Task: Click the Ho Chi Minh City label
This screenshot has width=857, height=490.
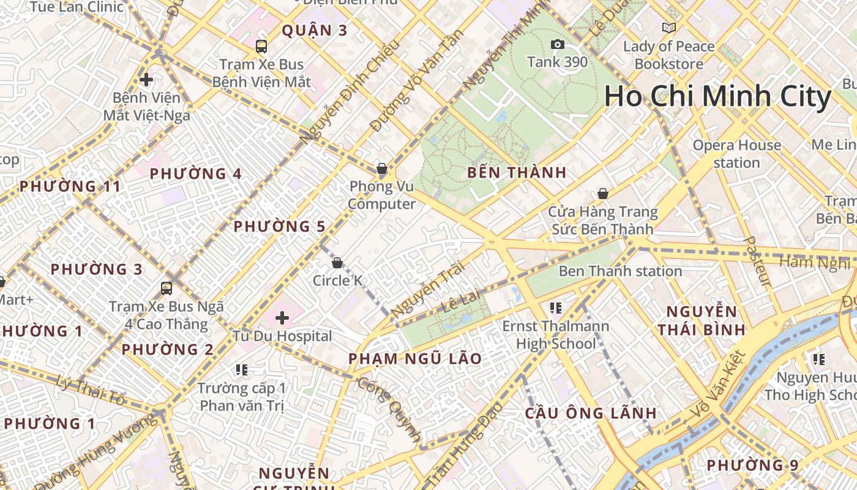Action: [x=717, y=97]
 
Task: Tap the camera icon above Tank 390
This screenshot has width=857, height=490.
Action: [x=557, y=44]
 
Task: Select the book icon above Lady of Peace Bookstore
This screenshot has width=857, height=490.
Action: [x=669, y=28]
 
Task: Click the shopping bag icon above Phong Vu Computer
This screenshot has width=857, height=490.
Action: [x=382, y=168]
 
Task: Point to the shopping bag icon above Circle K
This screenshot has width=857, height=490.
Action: [x=337, y=263]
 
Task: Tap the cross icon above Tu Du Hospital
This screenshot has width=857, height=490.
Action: [x=282, y=318]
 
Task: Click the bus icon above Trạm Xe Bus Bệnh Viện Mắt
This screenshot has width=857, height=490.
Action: [x=261, y=46]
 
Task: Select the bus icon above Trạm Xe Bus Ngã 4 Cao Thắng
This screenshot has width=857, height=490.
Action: [x=166, y=288]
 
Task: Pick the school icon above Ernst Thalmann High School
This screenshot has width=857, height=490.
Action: [x=556, y=307]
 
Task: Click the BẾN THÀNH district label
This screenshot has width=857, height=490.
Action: [x=517, y=173]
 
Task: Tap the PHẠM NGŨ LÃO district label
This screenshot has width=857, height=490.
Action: [x=415, y=358]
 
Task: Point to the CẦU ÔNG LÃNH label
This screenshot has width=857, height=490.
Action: [x=591, y=413]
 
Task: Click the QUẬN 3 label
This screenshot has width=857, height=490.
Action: [x=315, y=31]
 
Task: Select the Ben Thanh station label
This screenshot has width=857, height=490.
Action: [x=620, y=271]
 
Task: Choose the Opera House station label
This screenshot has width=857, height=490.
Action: [x=737, y=154]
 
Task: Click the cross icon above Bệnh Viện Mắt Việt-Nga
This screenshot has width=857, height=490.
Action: [x=146, y=80]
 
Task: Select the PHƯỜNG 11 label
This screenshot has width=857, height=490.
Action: [x=70, y=186]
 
